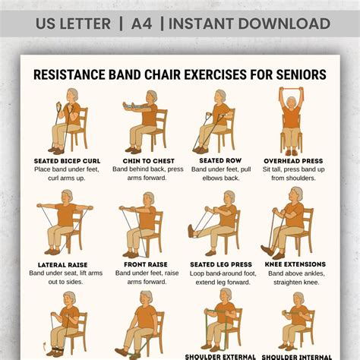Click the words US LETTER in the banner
pos(73,23)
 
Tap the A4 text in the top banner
pos(141,23)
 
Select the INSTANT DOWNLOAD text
pos(249,23)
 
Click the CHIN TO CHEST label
pos(148,161)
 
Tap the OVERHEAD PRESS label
pos(292,161)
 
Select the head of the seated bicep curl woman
pos(71,96)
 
